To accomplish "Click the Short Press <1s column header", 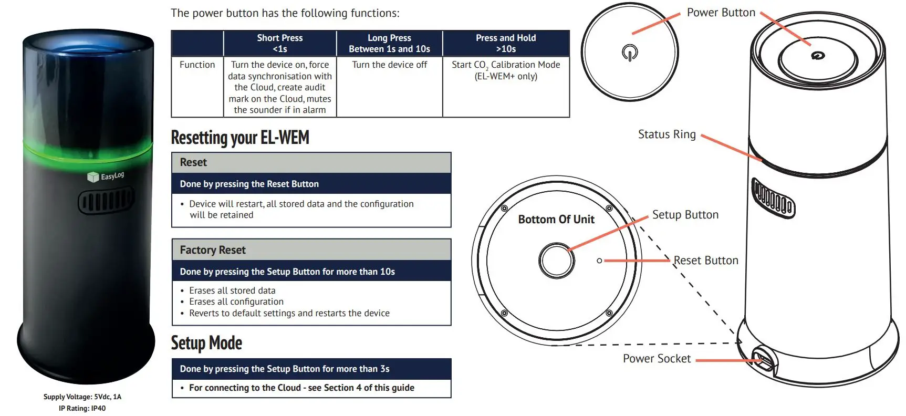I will pos(280,43).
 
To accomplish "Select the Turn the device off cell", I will pos(389,65).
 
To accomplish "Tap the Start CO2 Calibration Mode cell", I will pos(506,70).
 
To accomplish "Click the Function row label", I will pos(197,65).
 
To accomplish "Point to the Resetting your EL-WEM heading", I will pos(240,138).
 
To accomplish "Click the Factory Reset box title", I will pos(213,250).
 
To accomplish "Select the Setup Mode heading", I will pos(206,343).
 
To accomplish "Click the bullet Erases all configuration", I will pos(236,301).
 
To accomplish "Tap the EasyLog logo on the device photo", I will pos(106,176).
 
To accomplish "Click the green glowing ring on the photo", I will pos(87,150).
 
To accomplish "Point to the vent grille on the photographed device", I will pos(106,201).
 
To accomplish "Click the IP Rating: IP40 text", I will pos(82,408).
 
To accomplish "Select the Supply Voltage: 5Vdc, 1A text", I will pos(82,397).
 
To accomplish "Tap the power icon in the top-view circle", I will pos(629,53).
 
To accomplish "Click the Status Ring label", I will pos(667,134).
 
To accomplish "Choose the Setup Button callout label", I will pos(685,215).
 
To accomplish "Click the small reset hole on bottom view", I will pos(599,261).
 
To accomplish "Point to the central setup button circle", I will pos(556,261).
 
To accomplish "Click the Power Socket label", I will pos(657,359).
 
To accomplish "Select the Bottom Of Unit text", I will pos(556,220).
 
